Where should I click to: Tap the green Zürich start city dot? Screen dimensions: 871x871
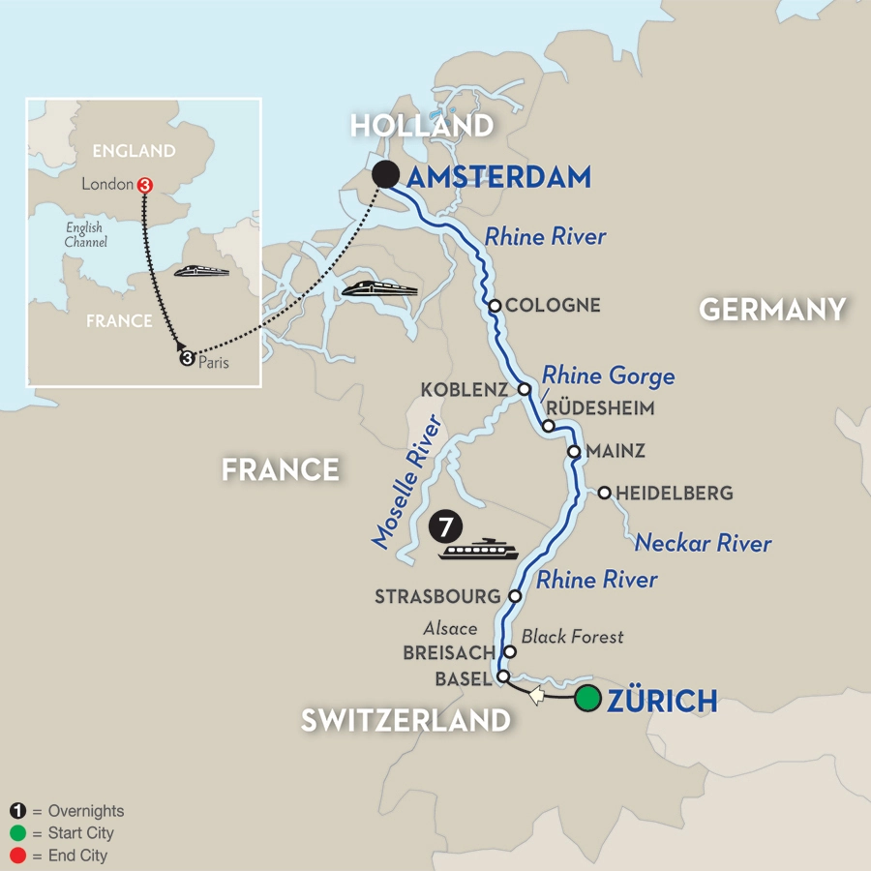click(x=586, y=699)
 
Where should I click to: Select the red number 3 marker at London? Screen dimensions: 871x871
click(x=144, y=184)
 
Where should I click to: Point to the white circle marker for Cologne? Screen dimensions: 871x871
click(x=495, y=306)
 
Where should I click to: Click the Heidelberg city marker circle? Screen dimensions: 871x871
click(x=604, y=494)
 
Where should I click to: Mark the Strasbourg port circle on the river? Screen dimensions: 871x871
click(x=516, y=596)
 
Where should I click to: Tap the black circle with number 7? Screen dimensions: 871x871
click(x=443, y=528)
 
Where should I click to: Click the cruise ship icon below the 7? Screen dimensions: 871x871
click(x=478, y=551)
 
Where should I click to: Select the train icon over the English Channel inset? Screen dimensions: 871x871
click(x=201, y=271)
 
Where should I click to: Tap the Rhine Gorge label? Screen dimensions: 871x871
click(x=608, y=375)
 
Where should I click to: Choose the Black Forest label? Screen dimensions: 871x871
click(x=573, y=636)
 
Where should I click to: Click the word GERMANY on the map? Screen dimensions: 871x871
click(x=772, y=310)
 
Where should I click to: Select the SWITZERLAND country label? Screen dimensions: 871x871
click(x=405, y=720)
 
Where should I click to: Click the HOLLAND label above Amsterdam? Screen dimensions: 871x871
click(x=422, y=126)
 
